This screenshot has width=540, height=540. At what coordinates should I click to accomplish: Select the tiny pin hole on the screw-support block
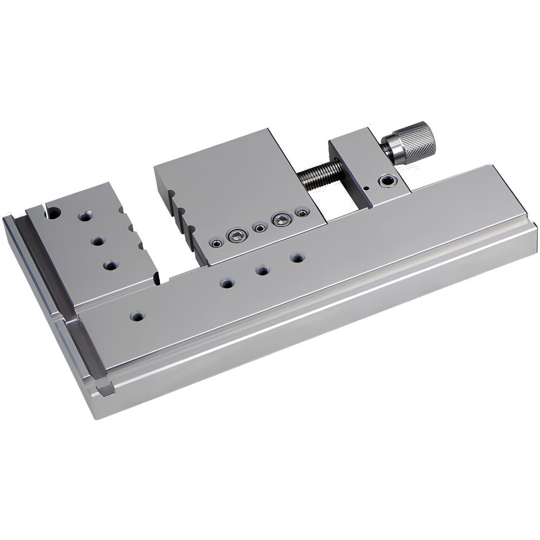[366, 188]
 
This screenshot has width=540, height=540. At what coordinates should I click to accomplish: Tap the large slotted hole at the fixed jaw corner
[53, 213]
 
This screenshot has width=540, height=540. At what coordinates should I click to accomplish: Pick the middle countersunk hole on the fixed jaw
[98, 240]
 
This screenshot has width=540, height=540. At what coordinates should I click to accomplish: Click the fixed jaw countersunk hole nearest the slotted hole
[85, 217]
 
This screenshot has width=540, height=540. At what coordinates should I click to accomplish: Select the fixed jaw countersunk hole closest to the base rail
[111, 265]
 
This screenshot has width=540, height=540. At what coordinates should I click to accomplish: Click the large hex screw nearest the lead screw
[282, 219]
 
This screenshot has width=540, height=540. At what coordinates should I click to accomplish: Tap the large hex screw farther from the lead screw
[238, 235]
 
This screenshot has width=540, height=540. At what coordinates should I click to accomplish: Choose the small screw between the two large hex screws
[260, 228]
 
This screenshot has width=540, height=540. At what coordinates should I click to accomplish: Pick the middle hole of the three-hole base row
[262, 269]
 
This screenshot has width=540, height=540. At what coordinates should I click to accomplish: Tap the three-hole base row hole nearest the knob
[297, 258]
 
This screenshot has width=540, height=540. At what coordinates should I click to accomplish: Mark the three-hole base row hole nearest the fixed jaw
[227, 282]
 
